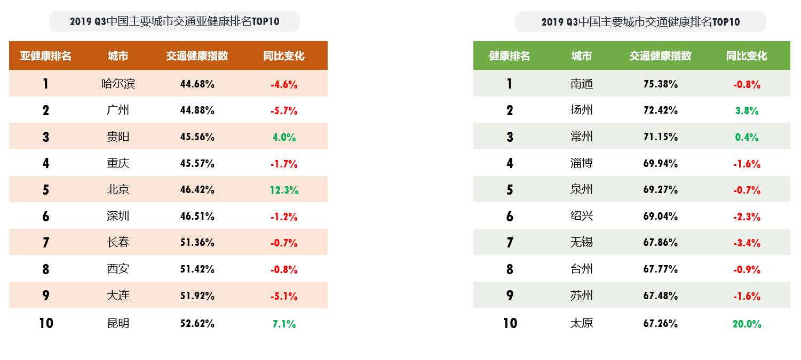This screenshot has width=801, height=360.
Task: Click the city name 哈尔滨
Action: coord(118,84)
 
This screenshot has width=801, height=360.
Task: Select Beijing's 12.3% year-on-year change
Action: coord(284,190)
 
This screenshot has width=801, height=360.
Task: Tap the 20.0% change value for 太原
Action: coord(747,324)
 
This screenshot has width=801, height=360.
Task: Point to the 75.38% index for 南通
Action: coord(660,84)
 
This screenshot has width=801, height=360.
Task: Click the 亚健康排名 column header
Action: coord(46,56)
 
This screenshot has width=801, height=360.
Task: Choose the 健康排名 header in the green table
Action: coord(510,56)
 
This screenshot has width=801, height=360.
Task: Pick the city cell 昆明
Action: coord(118,323)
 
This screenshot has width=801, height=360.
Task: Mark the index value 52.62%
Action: coord(197,323)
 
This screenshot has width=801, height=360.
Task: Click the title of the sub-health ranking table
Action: coord(175,21)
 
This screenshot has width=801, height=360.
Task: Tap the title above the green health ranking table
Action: coord(640,22)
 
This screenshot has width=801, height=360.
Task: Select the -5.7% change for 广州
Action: coord(284,110)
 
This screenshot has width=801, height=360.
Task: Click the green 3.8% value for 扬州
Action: coord(747,110)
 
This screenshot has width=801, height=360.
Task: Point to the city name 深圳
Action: coord(118,216)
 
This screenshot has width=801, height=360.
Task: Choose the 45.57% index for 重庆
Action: coord(197,163)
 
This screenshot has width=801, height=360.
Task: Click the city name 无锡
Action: coord(581,243)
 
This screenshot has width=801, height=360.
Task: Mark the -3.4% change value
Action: coord(747,243)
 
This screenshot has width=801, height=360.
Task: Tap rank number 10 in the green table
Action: coord(510,323)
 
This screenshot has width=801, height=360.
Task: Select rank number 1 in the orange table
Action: coord(46,84)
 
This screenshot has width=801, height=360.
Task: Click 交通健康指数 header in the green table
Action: coord(660,56)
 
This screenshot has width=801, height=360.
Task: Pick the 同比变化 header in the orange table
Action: coord(284,56)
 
